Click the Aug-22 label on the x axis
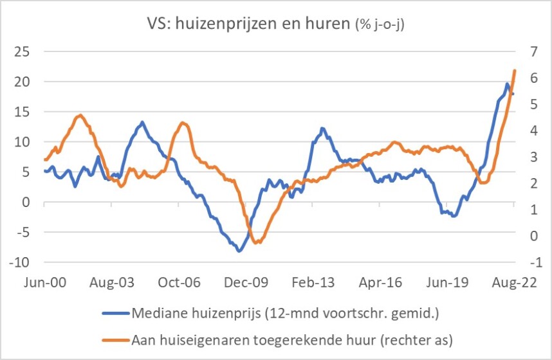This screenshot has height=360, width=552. [513, 282]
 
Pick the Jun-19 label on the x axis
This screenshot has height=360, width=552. [446, 282]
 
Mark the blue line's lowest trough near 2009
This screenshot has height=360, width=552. [239, 251]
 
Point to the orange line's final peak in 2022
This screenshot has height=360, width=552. [515, 70]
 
